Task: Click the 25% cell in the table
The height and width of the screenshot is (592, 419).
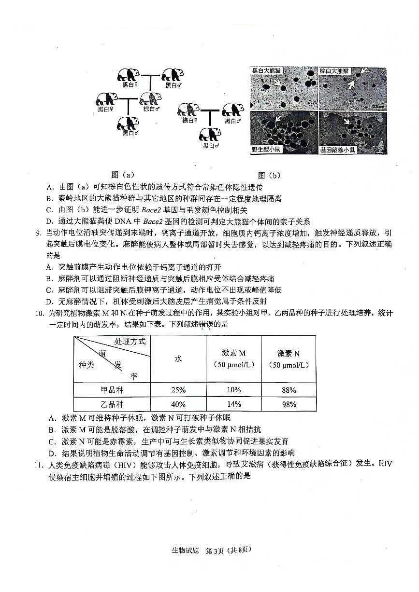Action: pyautogui.click(x=178, y=390)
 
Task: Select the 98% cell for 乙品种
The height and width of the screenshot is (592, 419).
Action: pyautogui.click(x=289, y=404)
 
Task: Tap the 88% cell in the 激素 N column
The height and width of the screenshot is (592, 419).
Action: pyautogui.click(x=289, y=390)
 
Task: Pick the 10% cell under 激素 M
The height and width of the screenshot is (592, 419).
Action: pyautogui.click(x=233, y=390)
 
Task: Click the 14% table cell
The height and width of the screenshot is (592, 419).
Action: pyautogui.click(x=233, y=404)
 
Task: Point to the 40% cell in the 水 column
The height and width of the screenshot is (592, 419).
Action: pyautogui.click(x=178, y=404)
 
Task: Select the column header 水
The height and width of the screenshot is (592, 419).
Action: pyautogui.click(x=178, y=359)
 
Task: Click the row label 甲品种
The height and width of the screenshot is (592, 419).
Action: pyautogui.click(x=112, y=390)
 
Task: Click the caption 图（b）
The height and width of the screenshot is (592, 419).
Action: pyautogui.click(x=269, y=175)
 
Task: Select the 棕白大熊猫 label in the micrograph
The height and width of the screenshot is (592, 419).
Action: pyautogui.click(x=334, y=71)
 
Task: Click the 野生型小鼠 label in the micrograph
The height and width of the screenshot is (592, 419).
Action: pyautogui.click(x=266, y=150)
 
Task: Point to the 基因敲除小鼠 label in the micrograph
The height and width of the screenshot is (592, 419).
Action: pyautogui.click(x=337, y=150)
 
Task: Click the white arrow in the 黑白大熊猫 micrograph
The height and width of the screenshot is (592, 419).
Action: pyautogui.click(x=277, y=83)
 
